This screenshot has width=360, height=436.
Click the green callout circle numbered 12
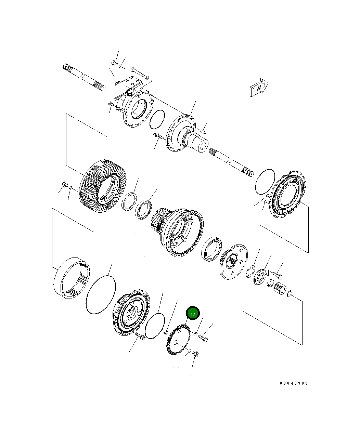[193, 313]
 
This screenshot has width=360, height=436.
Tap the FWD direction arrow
[259, 88]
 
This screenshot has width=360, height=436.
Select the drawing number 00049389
[294, 383]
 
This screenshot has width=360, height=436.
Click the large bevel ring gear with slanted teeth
[103, 186]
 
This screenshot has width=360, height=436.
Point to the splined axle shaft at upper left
[84, 77]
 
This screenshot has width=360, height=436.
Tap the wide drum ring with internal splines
[72, 278]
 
